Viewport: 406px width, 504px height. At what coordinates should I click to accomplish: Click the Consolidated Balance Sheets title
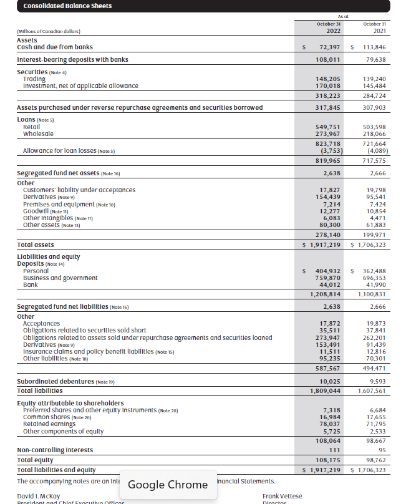pyautogui.click(x=59, y=6)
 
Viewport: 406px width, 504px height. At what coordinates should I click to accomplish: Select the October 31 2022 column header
pyautogui.click(x=328, y=27)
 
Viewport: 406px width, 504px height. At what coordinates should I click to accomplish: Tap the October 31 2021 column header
pyautogui.click(x=375, y=27)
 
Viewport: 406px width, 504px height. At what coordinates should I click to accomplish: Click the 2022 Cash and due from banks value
pyautogui.click(x=329, y=47)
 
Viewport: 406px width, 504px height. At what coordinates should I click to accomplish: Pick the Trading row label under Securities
pyautogui.click(x=34, y=79)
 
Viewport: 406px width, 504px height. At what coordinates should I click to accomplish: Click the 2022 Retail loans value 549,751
pyautogui.click(x=329, y=127)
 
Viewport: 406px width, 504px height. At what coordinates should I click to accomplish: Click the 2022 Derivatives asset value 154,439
pyautogui.click(x=329, y=196)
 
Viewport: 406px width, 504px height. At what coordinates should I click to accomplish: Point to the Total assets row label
pyautogui.click(x=36, y=245)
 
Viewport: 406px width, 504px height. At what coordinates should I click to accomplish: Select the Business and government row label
pyautogui.click(x=60, y=278)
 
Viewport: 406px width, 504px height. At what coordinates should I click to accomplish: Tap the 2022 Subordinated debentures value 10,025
pyautogui.click(x=329, y=381)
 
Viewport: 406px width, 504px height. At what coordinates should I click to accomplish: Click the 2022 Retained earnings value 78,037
pyautogui.click(x=329, y=424)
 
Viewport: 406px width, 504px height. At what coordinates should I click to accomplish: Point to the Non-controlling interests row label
pyautogui.click(x=55, y=450)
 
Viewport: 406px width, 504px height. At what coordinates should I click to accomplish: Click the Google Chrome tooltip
pyautogui.click(x=168, y=485)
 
